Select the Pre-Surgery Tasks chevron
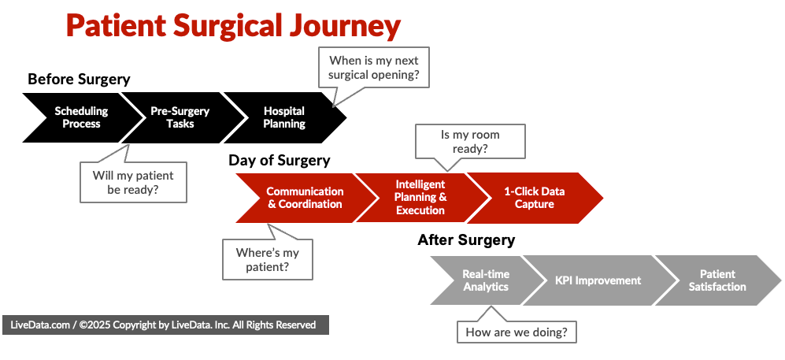tap(180, 117)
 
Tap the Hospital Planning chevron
tap(284, 117)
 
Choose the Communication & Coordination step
tap(303, 198)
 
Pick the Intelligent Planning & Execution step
tap(420, 198)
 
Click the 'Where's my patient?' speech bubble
tap(267, 260)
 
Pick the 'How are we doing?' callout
tap(517, 332)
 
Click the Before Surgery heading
tap(79, 79)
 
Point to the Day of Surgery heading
tap(279, 161)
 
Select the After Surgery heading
tap(466, 240)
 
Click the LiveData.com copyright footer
tap(163, 325)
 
